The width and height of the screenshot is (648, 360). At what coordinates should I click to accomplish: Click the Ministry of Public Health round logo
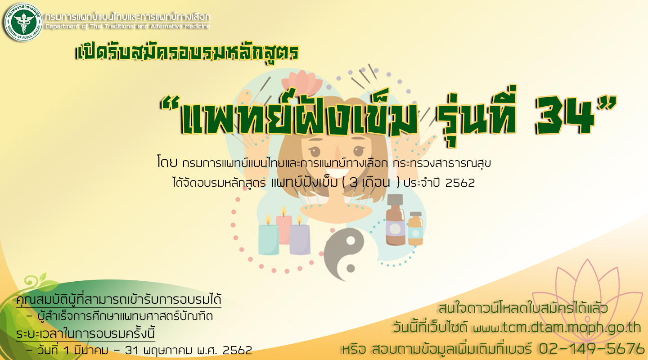[x=23, y=22]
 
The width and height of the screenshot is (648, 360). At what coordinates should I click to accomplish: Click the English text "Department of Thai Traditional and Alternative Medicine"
[x=128, y=27]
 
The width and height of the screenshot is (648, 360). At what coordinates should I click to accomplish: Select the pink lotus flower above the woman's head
[x=301, y=82]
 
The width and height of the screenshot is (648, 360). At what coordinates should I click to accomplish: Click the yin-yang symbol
[x=344, y=254]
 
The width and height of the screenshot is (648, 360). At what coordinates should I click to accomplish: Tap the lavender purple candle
[x=300, y=237]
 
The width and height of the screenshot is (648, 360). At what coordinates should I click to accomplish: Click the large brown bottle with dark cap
[x=395, y=220]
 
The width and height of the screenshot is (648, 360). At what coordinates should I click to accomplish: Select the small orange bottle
[x=416, y=229]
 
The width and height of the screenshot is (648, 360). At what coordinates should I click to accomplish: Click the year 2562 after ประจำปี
[x=460, y=183]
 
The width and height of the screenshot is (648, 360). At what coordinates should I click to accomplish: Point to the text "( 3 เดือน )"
[x=371, y=183]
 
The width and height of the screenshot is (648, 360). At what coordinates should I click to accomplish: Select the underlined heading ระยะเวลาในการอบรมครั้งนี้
[x=85, y=333]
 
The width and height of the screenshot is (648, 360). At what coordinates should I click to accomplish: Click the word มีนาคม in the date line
[x=91, y=351]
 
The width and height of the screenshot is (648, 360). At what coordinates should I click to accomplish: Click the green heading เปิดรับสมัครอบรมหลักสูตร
[x=188, y=52]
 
